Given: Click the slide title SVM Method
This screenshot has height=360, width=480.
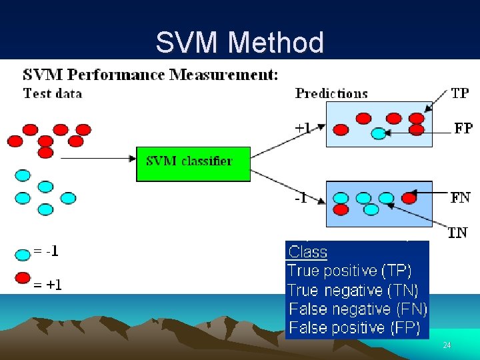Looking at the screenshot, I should point(239,43).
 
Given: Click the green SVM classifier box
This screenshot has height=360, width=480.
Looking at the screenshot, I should point(193,163).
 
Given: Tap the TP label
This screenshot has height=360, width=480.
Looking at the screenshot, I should point(459,93).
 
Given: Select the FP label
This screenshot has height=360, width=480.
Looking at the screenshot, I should point(463,127).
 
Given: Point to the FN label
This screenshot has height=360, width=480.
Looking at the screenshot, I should point(460,197).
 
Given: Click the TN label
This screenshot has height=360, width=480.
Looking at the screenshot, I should point(457,232).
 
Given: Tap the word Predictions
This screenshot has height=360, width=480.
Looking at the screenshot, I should point(331,93).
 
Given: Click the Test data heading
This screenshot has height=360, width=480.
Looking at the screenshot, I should point(53,93).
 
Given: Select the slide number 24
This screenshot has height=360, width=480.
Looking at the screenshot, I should point(447,345).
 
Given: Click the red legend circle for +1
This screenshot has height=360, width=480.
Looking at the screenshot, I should point(23,278).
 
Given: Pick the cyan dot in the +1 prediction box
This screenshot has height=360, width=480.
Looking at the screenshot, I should point(378,133).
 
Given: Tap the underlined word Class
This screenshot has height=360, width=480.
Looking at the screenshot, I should point(307,252).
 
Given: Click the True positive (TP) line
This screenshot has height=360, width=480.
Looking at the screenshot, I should point(349,271).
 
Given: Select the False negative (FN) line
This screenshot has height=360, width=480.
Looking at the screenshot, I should point(358,309).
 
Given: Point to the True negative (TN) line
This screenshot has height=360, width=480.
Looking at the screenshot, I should point(353,290).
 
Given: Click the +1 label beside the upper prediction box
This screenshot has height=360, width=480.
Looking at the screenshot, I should point(303,127).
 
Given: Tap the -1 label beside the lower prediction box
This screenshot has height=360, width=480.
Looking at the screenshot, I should point(301,198).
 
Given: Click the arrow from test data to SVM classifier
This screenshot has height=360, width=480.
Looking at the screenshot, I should point(97,159).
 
